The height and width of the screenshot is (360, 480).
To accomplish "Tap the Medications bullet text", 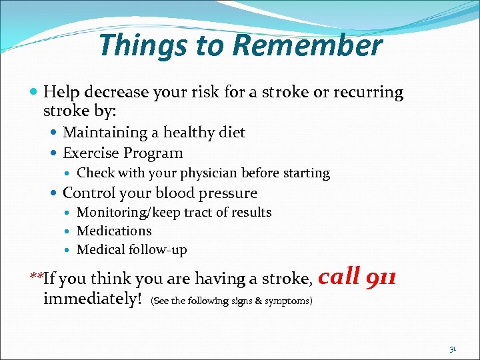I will (x=114, y=231).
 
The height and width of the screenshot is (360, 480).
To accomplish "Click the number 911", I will (x=381, y=275).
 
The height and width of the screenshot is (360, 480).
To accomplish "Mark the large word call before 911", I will (x=341, y=275).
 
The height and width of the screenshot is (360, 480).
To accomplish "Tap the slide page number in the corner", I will (x=453, y=348).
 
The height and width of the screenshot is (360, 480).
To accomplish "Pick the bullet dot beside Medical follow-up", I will (x=69, y=251).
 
